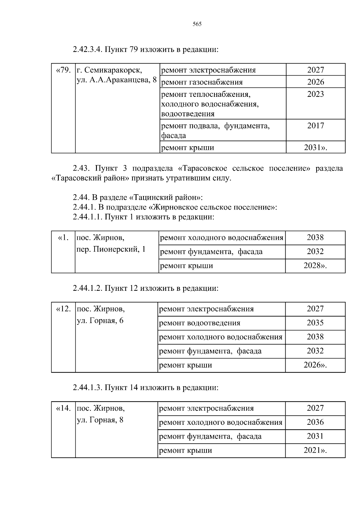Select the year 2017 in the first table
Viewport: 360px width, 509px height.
(x=316, y=126)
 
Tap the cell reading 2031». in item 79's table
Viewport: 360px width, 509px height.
(x=316, y=147)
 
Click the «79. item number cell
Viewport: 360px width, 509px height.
(x=63, y=70)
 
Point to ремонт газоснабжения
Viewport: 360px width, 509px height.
(x=202, y=82)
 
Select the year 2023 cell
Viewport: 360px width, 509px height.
(x=316, y=94)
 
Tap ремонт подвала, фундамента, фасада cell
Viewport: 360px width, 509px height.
(x=215, y=130)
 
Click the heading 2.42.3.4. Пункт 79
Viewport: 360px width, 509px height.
(x=145, y=49)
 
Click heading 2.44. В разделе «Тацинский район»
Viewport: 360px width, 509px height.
(x=138, y=198)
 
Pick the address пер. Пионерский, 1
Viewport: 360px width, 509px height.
(x=111, y=249)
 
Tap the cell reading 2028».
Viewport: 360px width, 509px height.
(x=315, y=266)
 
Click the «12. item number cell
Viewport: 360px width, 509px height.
(x=63, y=309)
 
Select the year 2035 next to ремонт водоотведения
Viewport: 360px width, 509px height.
(x=315, y=323)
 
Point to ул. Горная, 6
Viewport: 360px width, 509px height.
(x=100, y=321)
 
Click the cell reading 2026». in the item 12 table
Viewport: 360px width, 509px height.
(x=315, y=365)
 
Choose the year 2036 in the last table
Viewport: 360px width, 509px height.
(x=315, y=422)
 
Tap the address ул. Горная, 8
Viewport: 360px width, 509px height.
(x=100, y=420)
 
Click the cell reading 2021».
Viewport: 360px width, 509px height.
(x=315, y=451)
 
